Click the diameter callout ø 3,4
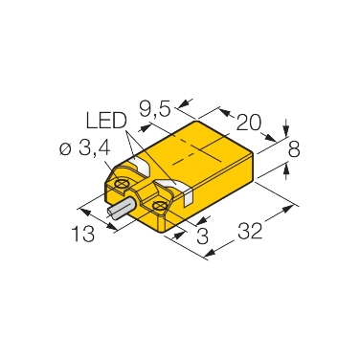(86, 148)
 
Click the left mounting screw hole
(124, 179)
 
